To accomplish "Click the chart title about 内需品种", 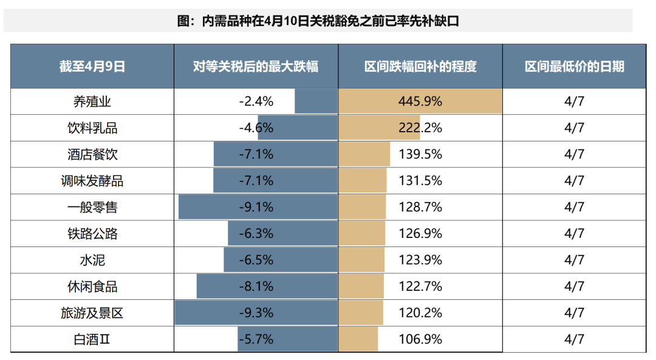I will [318, 21].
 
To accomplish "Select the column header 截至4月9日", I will [92, 66].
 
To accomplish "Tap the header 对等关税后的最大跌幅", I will [256, 66].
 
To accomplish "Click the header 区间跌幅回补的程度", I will [420, 66].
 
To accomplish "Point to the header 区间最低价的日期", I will [574, 66].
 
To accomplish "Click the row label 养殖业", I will [92, 101].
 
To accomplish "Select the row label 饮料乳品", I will [92, 128].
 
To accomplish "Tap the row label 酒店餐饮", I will [92, 154].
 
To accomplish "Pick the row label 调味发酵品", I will [92, 181].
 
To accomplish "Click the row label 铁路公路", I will [92, 234].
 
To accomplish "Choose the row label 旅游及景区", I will [92, 313].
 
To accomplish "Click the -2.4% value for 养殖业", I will [256, 101].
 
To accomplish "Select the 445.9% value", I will [420, 101].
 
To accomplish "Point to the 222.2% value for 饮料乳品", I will [420, 128].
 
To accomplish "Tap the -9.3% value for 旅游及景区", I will [256, 313].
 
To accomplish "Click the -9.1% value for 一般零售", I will [256, 208].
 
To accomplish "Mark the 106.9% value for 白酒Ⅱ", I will [420, 339].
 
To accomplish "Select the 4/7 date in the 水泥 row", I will [574, 260].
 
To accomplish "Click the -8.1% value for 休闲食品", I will [256, 287].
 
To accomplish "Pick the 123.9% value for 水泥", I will [420, 260].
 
